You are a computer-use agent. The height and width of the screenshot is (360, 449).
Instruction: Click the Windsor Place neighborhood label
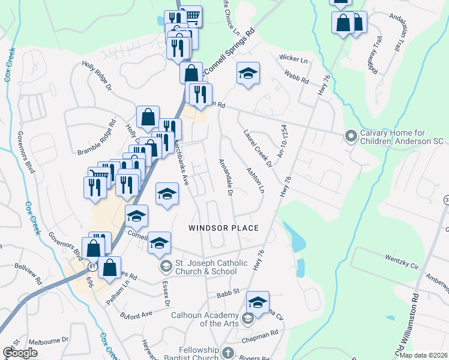[223, 228]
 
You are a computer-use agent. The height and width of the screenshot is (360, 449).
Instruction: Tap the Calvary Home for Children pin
[349, 137]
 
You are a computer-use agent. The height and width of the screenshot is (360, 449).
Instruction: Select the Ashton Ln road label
[255, 179]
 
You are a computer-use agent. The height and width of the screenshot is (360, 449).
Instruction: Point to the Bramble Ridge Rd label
[95, 139]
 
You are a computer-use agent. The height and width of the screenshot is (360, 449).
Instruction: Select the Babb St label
[228, 292]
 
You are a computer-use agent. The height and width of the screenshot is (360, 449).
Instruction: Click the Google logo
[20, 352]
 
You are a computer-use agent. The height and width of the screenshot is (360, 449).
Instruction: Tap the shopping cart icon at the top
[191, 16]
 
